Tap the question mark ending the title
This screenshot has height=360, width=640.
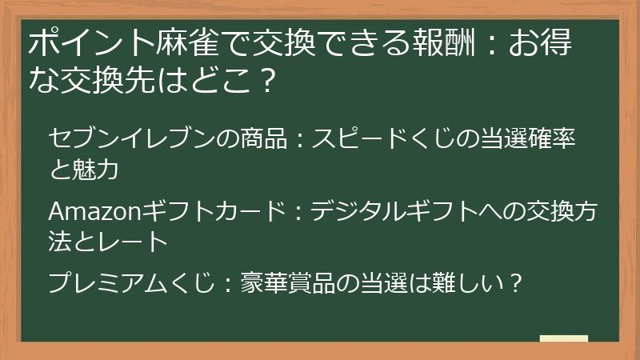270,80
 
